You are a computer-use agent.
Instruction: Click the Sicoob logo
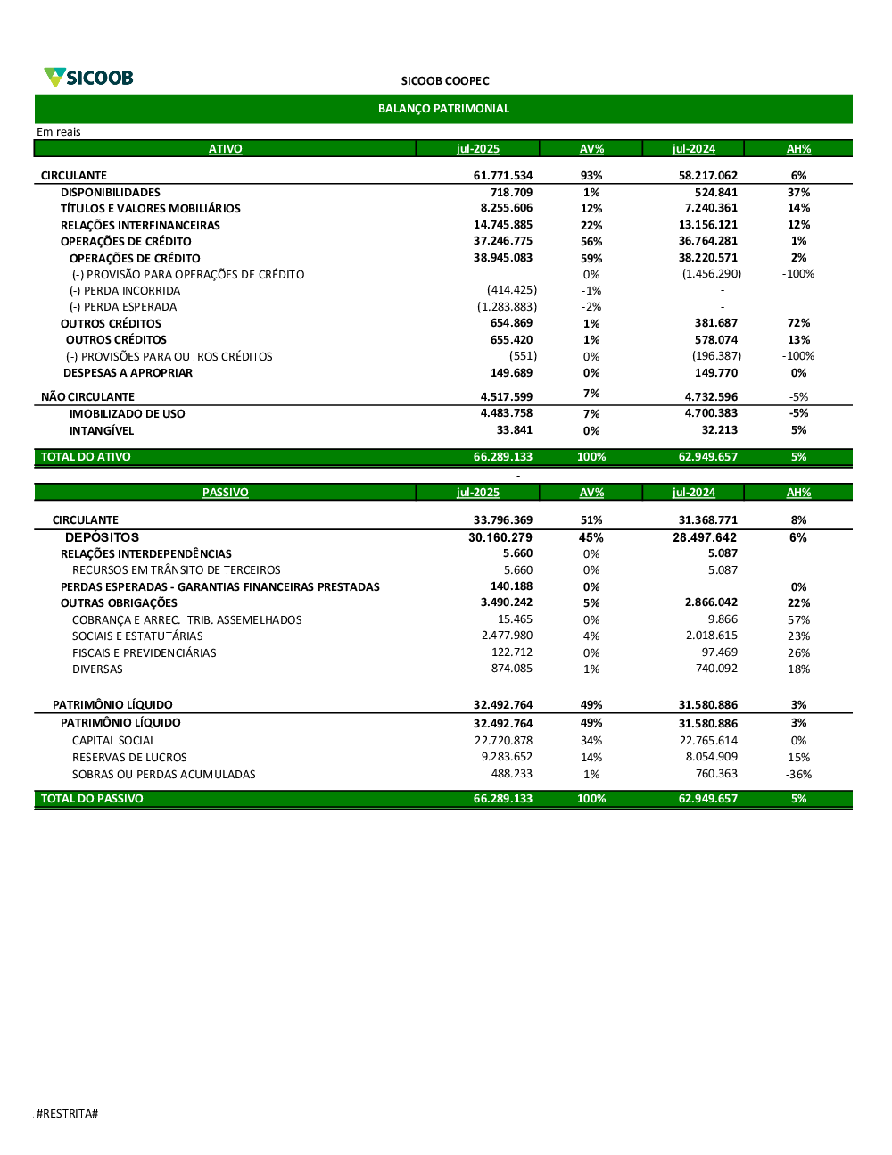pyautogui.click(x=89, y=78)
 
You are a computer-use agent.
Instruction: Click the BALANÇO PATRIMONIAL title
pyautogui.click(x=443, y=109)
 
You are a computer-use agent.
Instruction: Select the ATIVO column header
pyautogui.click(x=225, y=149)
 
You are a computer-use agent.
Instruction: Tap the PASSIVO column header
pyautogui.click(x=225, y=493)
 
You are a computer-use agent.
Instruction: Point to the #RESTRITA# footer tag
pyautogui.click(x=67, y=1113)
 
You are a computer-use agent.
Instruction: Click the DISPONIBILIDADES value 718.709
pyautogui.click(x=511, y=193)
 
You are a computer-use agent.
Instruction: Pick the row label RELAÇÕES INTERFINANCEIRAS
pyautogui.click(x=140, y=226)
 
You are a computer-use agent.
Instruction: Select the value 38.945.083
pyautogui.click(x=502, y=258)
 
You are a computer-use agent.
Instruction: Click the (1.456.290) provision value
pyautogui.click(x=711, y=274)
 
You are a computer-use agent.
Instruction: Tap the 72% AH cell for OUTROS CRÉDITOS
pyautogui.click(x=798, y=323)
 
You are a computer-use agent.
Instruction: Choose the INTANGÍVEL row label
pyautogui.click(x=102, y=431)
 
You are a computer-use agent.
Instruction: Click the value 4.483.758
pyautogui.click(x=506, y=413)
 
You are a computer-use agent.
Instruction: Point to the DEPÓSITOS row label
pyautogui.click(x=102, y=537)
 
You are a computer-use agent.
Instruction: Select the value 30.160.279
pyautogui.click(x=500, y=537)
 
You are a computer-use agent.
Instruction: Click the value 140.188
pyautogui.click(x=511, y=586)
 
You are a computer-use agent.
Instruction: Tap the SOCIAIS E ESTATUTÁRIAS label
pyautogui.click(x=137, y=636)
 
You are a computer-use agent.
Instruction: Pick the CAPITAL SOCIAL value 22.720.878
pyautogui.click(x=503, y=741)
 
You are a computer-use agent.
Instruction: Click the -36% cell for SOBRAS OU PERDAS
pyautogui.click(x=798, y=775)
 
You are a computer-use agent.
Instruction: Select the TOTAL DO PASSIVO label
pyautogui.click(x=92, y=799)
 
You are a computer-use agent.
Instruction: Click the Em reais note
pyautogui.click(x=59, y=132)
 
